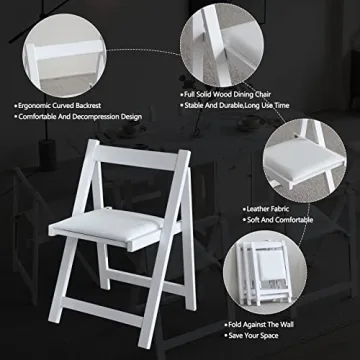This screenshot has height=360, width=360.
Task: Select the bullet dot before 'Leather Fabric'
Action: point(245,210)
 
